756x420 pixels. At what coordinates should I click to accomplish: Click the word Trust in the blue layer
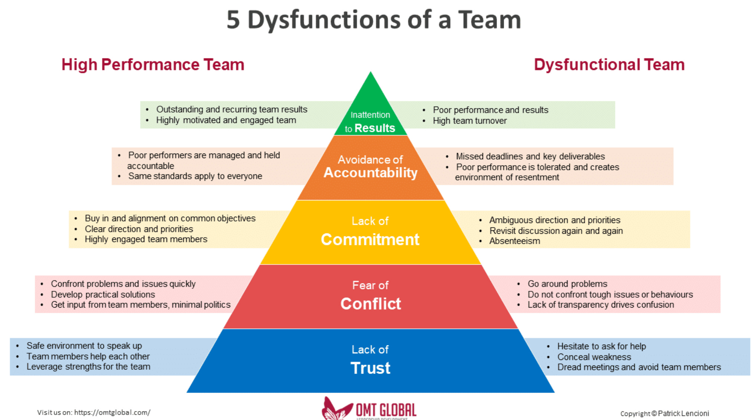370,368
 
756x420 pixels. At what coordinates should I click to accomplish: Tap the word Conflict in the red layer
371,304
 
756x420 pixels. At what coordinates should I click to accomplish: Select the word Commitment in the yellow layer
370,240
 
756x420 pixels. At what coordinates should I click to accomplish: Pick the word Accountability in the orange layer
370,173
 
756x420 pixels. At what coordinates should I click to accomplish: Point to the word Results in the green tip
375,128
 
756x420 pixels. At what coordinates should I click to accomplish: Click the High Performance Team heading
153,65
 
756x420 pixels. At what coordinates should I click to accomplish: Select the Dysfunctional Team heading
609,65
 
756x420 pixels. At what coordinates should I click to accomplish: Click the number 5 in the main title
233,20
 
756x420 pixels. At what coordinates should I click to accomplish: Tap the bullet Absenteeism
515,241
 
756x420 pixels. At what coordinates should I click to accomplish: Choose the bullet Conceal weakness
594,357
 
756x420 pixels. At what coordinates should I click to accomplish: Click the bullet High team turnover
470,121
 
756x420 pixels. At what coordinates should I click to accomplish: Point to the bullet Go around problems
567,284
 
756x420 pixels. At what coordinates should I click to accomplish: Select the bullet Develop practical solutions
103,295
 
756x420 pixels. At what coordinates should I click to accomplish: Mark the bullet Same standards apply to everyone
195,176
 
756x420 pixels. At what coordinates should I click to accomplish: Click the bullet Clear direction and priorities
139,229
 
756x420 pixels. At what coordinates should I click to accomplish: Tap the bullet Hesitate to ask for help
601,346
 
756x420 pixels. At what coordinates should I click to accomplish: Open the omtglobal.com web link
112,412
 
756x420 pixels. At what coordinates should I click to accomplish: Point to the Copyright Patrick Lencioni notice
664,413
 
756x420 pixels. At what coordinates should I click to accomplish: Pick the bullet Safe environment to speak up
84,346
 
